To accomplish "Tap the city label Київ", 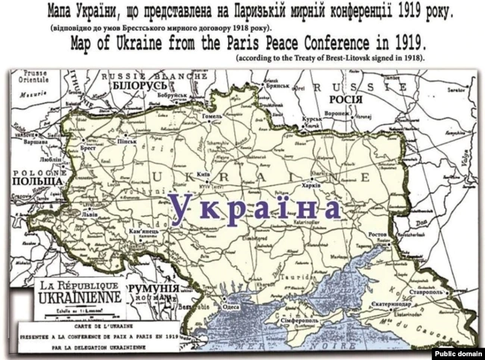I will tap(202, 173).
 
